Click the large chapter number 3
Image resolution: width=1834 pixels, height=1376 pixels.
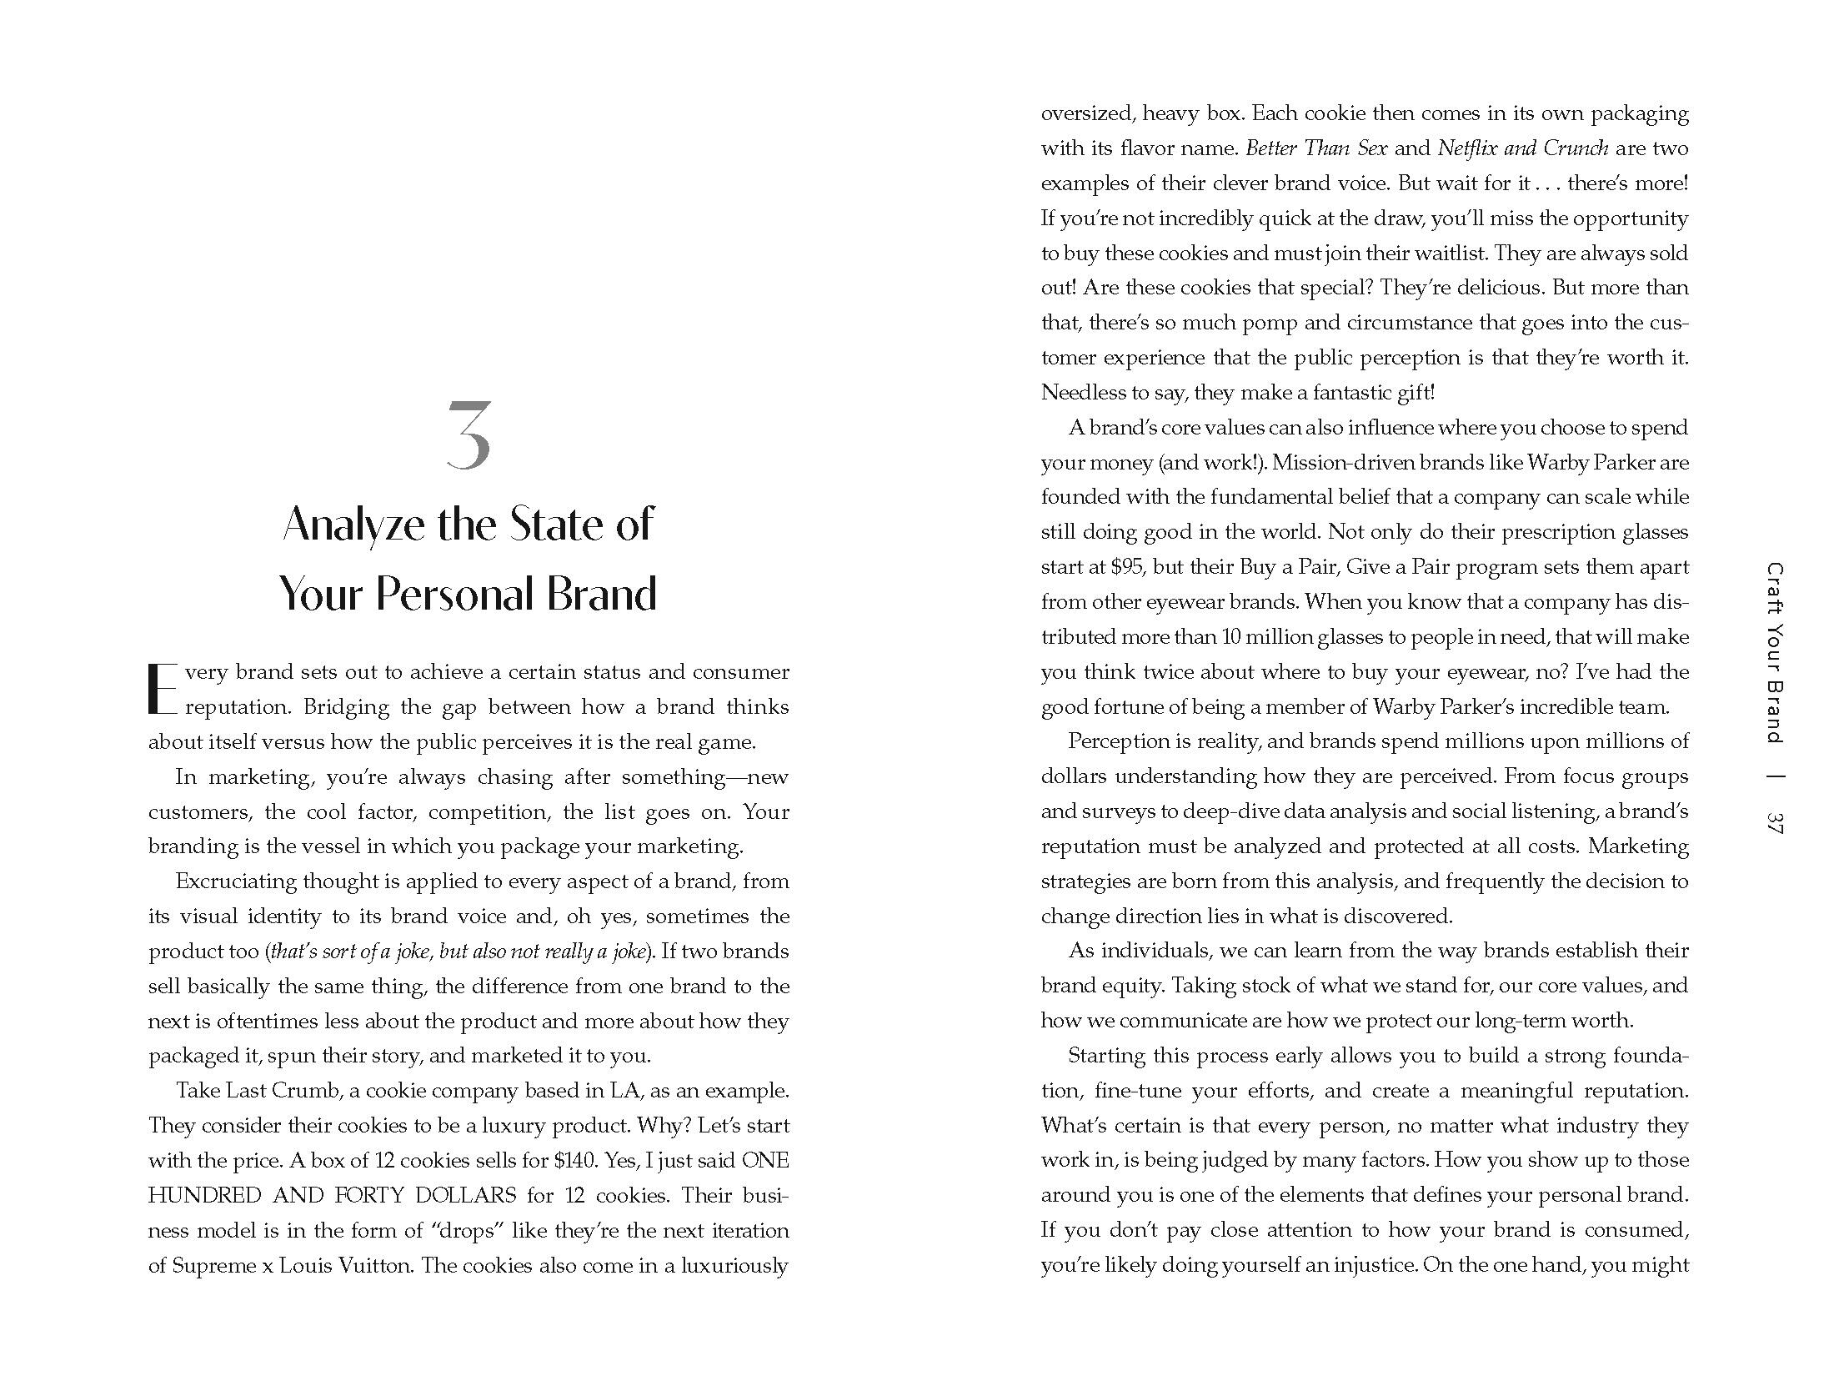pyautogui.click(x=469, y=435)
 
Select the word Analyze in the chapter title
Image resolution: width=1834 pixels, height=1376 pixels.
pyautogui.click(x=353, y=525)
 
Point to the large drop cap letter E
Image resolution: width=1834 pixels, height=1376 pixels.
pyautogui.click(x=163, y=690)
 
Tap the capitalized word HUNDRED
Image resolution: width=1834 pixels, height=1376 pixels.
pyautogui.click(x=205, y=1195)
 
